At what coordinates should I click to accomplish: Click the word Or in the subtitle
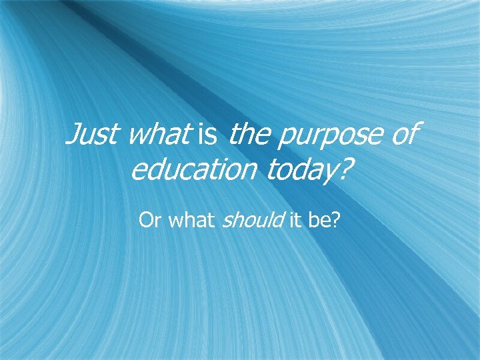pyautogui.click(x=150, y=220)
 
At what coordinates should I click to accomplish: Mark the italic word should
pyautogui.click(x=253, y=220)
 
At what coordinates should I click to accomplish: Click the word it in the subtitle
pyautogui.click(x=295, y=220)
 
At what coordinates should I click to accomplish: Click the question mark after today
pyautogui.click(x=343, y=171)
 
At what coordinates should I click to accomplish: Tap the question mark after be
pyautogui.click(x=335, y=220)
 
